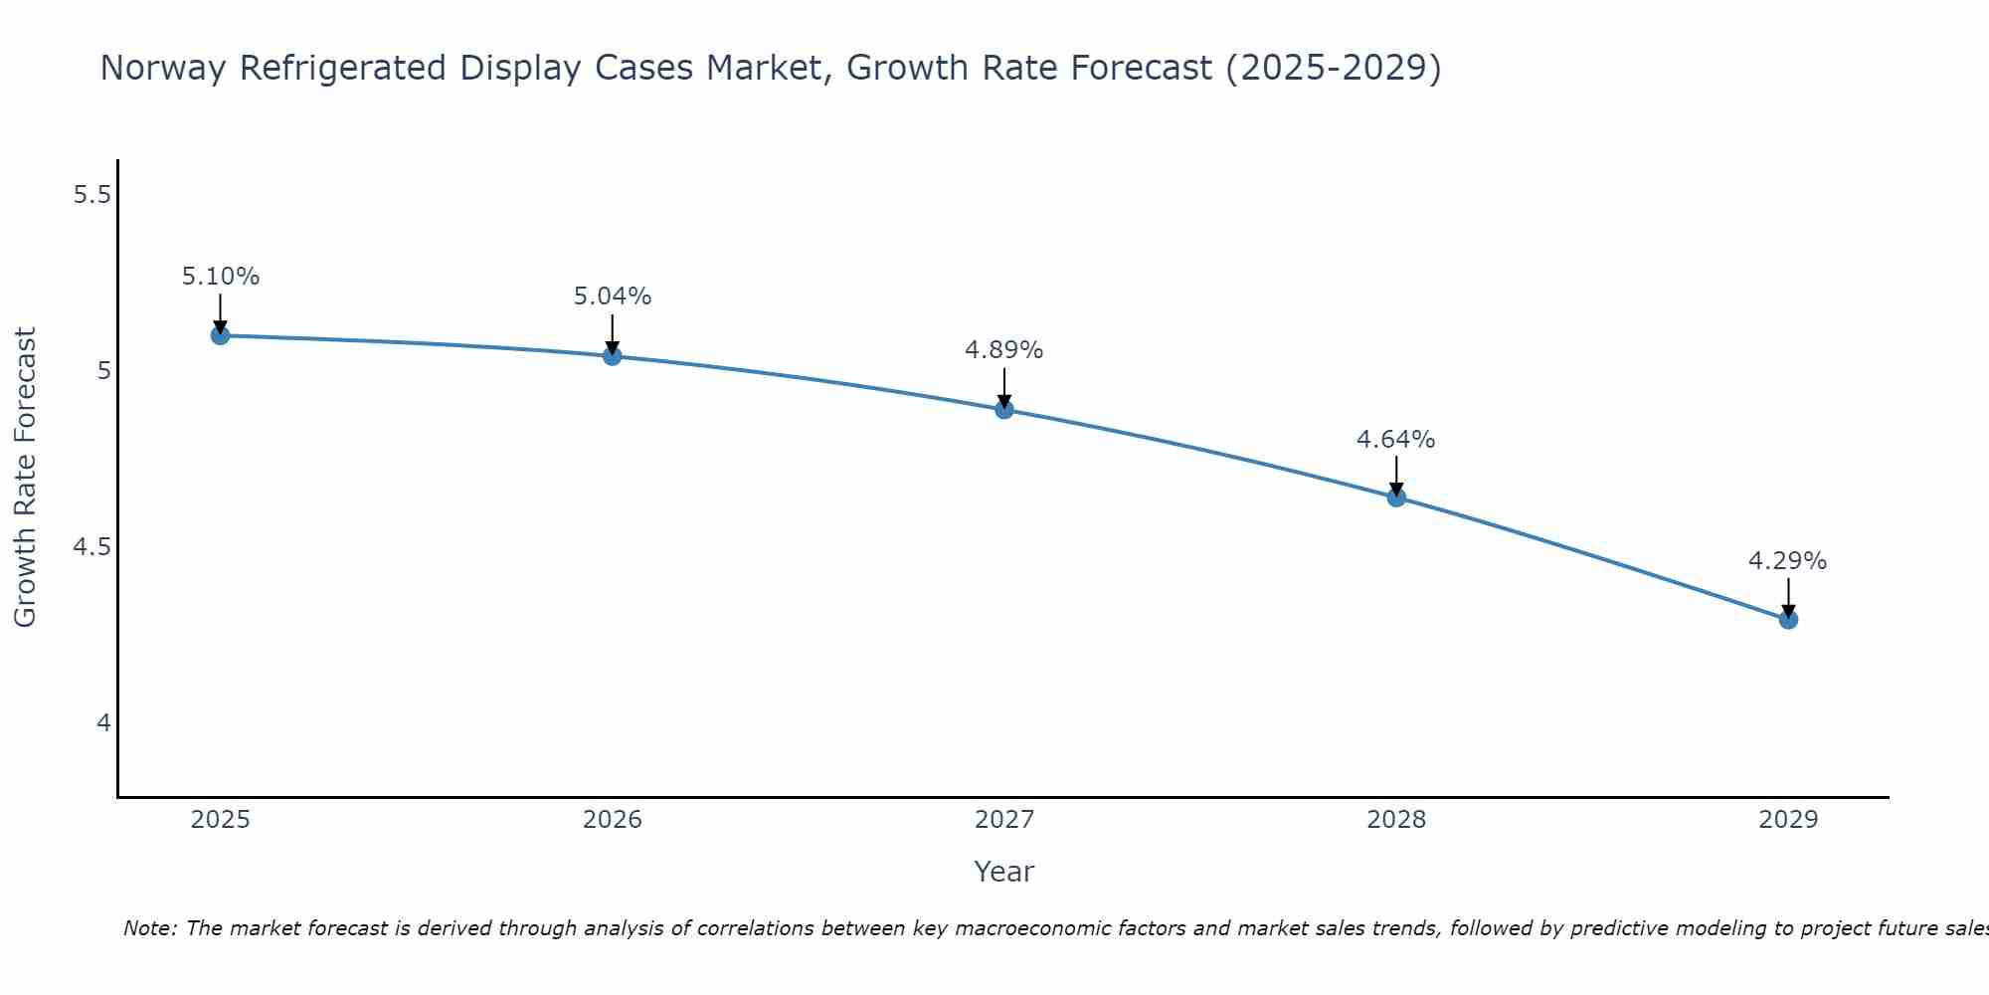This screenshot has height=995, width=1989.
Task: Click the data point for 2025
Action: pyautogui.click(x=220, y=335)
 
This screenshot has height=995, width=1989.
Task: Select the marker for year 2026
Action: pyautogui.click(x=612, y=356)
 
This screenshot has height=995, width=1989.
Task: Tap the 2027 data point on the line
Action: pyautogui.click(x=1004, y=409)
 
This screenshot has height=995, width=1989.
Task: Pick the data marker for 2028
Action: pyautogui.click(x=1396, y=497)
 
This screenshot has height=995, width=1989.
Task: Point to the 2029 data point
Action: pyautogui.click(x=1788, y=620)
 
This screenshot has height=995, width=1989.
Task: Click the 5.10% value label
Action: pyautogui.click(x=220, y=277)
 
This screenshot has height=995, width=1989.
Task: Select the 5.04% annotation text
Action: pyautogui.click(x=612, y=297)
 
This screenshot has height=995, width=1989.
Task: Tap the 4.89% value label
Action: pyautogui.click(x=1004, y=350)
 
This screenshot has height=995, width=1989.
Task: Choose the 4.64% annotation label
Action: pyautogui.click(x=1396, y=440)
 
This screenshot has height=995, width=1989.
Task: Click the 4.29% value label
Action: pyautogui.click(x=1788, y=561)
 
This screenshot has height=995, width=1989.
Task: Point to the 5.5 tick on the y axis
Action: pyautogui.click(x=91, y=195)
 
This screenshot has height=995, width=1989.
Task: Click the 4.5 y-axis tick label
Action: pyautogui.click(x=91, y=547)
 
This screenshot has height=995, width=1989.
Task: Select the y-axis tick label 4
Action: pyautogui.click(x=103, y=723)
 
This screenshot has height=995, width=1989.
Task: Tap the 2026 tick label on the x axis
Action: pyautogui.click(x=612, y=820)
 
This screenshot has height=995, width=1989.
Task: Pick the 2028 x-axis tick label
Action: pyautogui.click(x=1396, y=820)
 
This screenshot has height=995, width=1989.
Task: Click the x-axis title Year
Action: pyautogui.click(x=1004, y=872)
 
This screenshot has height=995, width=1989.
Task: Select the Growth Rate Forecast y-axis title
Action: pyautogui.click(x=25, y=478)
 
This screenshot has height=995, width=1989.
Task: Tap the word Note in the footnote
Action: pyautogui.click(x=149, y=928)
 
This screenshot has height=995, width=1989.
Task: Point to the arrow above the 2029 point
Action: pyautogui.click(x=1788, y=597)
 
